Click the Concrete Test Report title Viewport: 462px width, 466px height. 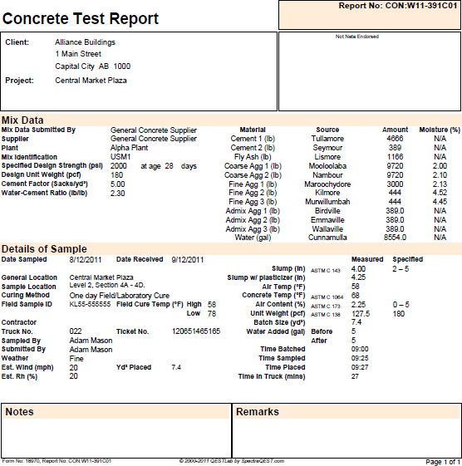point(81,18)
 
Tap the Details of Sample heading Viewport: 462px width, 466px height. point(44,249)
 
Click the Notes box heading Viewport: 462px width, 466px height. point(20,412)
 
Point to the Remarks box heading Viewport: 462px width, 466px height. point(258,412)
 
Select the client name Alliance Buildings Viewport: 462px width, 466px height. point(85,42)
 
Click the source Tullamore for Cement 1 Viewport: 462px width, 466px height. point(327,138)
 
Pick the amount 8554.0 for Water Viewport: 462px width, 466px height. point(395,237)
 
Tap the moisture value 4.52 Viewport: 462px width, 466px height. point(440,193)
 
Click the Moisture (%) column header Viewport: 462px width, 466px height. point(440,130)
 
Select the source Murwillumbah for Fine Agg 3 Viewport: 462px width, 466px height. point(327,201)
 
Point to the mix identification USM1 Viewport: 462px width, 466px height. point(120,156)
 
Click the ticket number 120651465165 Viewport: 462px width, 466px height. point(196,331)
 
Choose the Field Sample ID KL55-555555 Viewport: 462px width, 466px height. point(90,304)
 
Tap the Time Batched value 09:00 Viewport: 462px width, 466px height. point(361,349)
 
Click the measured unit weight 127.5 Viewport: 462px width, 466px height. point(361,313)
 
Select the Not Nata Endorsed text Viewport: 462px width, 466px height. point(356,37)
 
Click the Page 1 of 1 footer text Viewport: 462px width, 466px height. point(442,461)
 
